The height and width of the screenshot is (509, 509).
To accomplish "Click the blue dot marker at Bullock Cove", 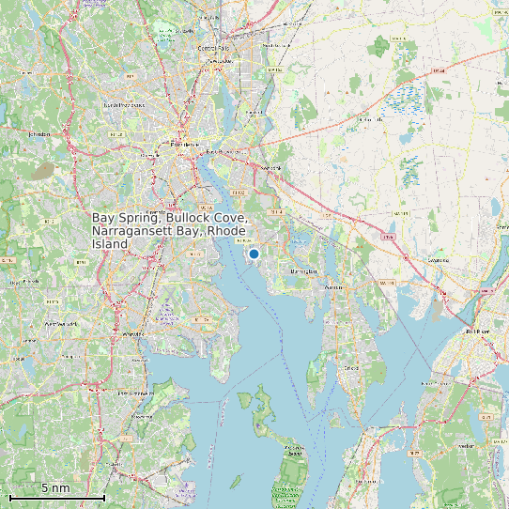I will [254, 254].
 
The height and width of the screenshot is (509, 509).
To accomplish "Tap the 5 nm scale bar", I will [56, 495].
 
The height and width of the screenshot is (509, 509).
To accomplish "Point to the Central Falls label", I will [213, 48].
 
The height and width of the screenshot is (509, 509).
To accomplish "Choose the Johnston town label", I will [39, 134].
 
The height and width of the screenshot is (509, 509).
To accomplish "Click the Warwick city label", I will [133, 333].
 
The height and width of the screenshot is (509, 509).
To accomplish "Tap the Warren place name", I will [333, 287].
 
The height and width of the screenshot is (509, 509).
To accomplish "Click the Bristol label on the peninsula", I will [351, 367].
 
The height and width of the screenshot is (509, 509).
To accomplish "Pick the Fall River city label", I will [478, 332].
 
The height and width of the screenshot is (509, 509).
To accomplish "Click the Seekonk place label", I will [271, 168].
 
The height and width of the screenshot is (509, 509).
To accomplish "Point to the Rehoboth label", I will [372, 120].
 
